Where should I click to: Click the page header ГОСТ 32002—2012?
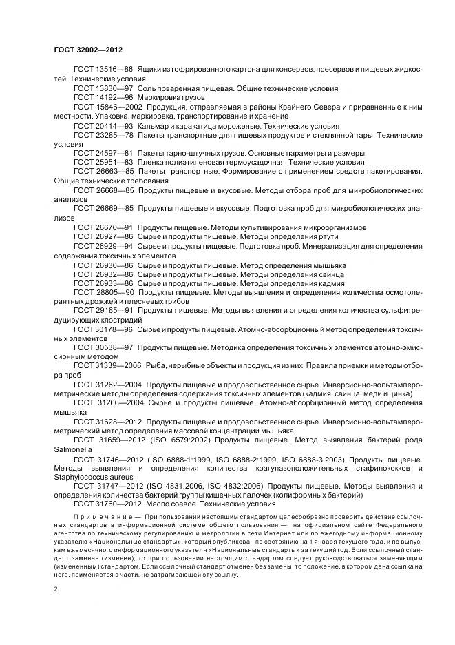click(87, 50)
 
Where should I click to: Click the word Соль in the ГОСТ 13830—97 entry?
click(147, 88)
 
